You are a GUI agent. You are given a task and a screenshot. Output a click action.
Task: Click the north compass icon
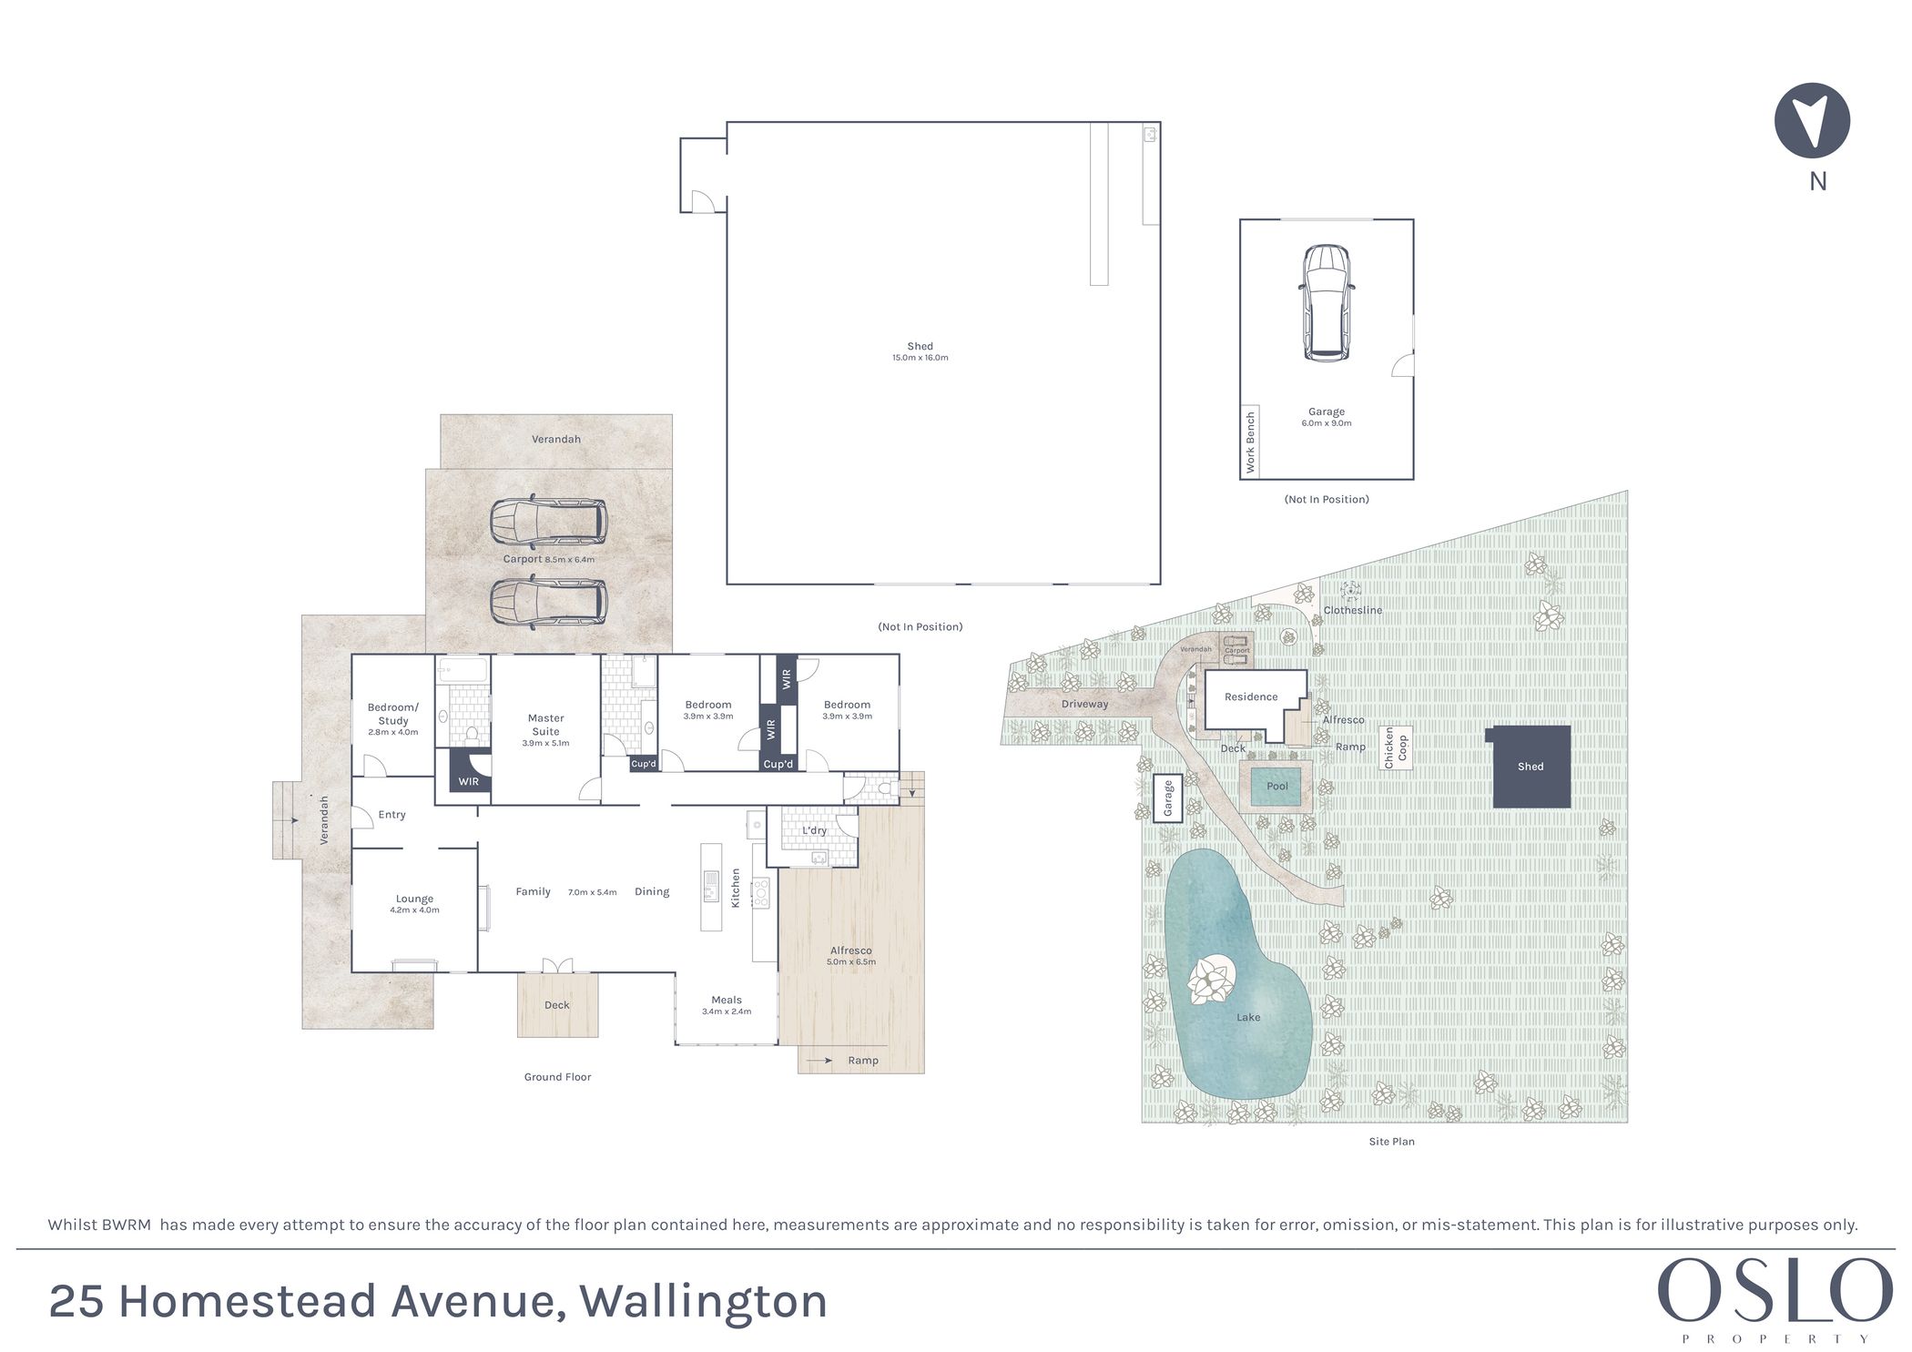click(1812, 120)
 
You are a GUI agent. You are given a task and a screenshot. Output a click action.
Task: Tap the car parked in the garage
click(1327, 303)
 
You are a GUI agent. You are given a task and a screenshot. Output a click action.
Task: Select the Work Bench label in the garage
click(1250, 442)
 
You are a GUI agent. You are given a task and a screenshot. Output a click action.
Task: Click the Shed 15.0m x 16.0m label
click(920, 351)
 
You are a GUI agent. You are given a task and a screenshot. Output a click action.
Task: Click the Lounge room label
click(414, 903)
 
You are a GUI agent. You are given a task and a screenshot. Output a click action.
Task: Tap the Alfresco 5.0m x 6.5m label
click(851, 955)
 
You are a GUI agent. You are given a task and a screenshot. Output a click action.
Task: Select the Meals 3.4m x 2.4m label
click(727, 1004)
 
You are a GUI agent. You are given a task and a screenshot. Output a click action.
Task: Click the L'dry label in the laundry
click(815, 830)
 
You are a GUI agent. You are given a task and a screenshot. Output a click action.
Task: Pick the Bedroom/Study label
click(393, 718)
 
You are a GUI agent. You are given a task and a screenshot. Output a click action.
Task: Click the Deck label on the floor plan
click(557, 1005)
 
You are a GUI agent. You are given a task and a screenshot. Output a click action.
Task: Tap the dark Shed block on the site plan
click(1531, 767)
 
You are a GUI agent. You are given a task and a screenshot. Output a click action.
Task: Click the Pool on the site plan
click(1277, 787)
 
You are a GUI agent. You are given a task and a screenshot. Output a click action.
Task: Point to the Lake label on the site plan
click(1248, 1017)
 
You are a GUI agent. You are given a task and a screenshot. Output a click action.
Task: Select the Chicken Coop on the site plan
click(1396, 747)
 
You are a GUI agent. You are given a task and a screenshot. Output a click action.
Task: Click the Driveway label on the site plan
click(1085, 704)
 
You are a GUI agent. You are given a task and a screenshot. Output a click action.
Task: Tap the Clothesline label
click(1353, 610)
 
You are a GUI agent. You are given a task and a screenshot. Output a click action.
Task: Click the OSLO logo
click(1775, 1290)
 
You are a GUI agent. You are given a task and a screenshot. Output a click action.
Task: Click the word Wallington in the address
click(703, 1302)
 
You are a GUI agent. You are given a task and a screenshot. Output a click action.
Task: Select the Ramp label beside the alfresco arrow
click(863, 1061)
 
